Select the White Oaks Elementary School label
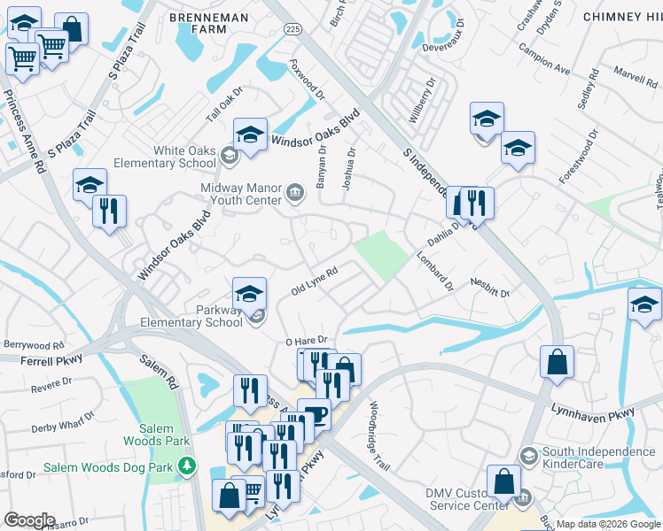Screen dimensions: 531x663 [x=184, y=157]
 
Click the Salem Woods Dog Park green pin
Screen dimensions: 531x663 [x=186, y=465]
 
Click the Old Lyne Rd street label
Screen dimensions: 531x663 [x=315, y=282]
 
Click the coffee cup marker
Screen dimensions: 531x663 [x=314, y=413]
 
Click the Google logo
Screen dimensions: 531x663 [x=29, y=520]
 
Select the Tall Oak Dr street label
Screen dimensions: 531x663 [x=224, y=111]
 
